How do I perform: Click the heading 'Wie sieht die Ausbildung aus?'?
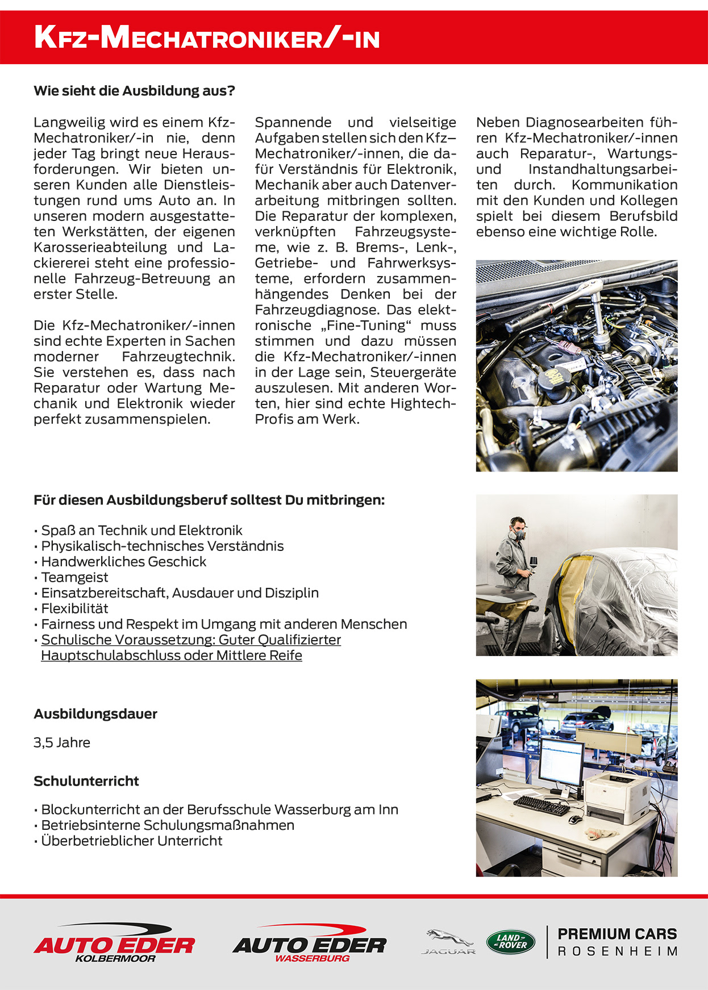pos(134,91)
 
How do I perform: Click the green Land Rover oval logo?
pos(510,942)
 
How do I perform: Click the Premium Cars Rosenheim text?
pos(617,942)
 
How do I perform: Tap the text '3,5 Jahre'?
pos(62,742)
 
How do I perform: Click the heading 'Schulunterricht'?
pos(86,781)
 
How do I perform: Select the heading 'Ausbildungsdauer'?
pos(95,714)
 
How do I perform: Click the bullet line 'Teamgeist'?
pos(74,577)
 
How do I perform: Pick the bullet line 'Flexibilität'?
pos(74,608)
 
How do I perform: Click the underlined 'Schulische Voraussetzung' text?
pos(191,640)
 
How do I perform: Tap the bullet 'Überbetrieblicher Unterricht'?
pos(132,841)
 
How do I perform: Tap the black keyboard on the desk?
pos(540,805)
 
